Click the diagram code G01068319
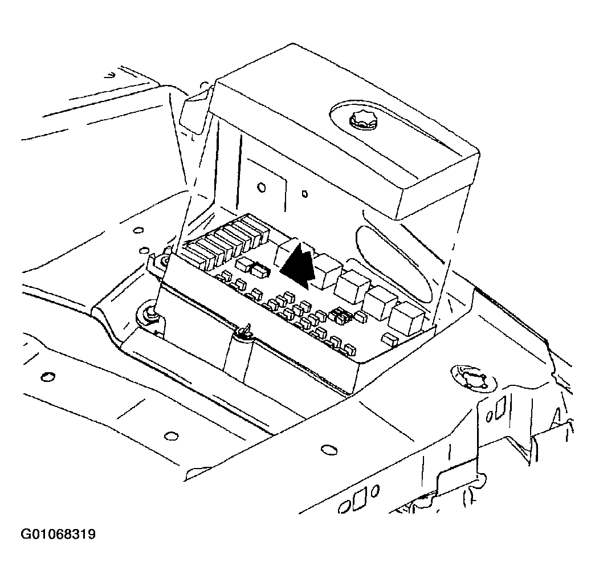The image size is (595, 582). (58, 535)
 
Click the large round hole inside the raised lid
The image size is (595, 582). (261, 188)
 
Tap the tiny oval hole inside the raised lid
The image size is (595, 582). (304, 194)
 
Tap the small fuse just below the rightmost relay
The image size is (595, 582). (390, 339)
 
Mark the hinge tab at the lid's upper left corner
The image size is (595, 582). (194, 110)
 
